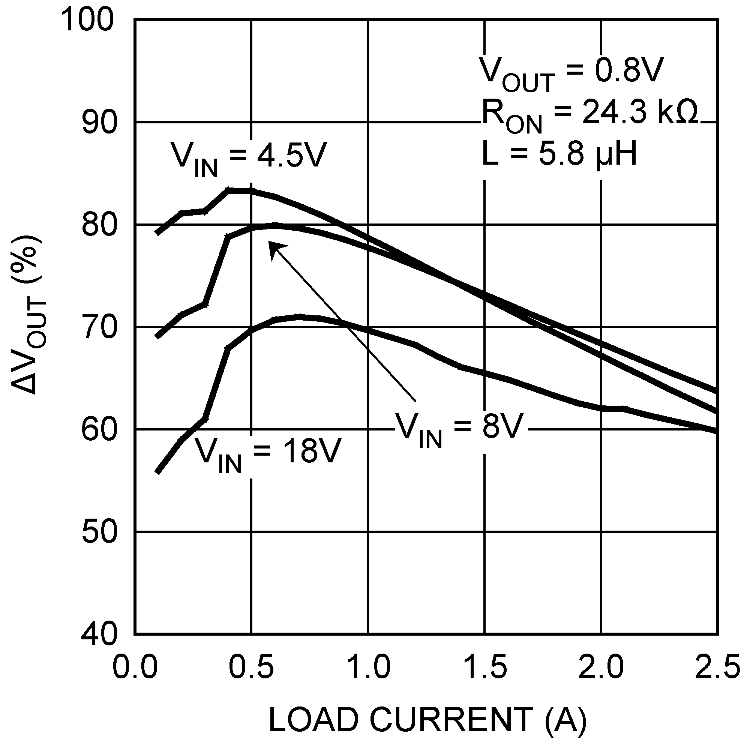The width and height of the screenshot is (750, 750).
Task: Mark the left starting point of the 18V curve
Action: tap(157, 472)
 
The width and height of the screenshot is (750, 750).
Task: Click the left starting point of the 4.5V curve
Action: tap(157, 233)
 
